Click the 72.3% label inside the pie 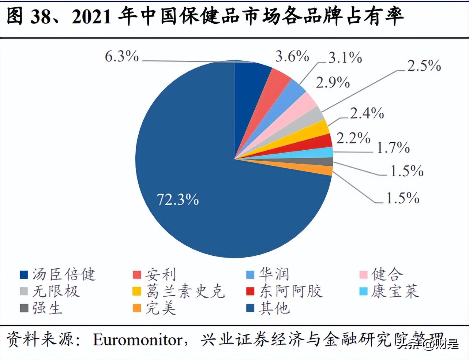pos(178,200)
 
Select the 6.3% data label pos(122,57)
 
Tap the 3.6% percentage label pos(292,57)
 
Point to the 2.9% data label pos(333,83)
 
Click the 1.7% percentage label pos(393,148)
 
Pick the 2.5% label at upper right pos(424,66)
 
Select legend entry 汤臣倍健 pos(59,274)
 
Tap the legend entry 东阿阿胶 pos(285,291)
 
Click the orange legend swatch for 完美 pos(137,308)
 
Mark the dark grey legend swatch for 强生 pos(24,308)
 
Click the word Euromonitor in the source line pos(138,340)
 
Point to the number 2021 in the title pos(91,17)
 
